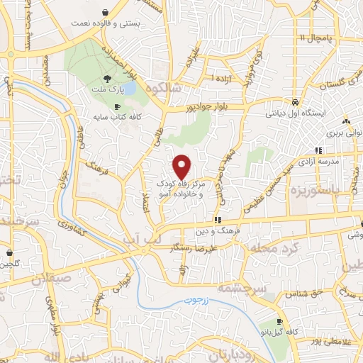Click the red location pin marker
182,166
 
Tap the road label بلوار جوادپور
190,108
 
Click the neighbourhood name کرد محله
290,250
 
